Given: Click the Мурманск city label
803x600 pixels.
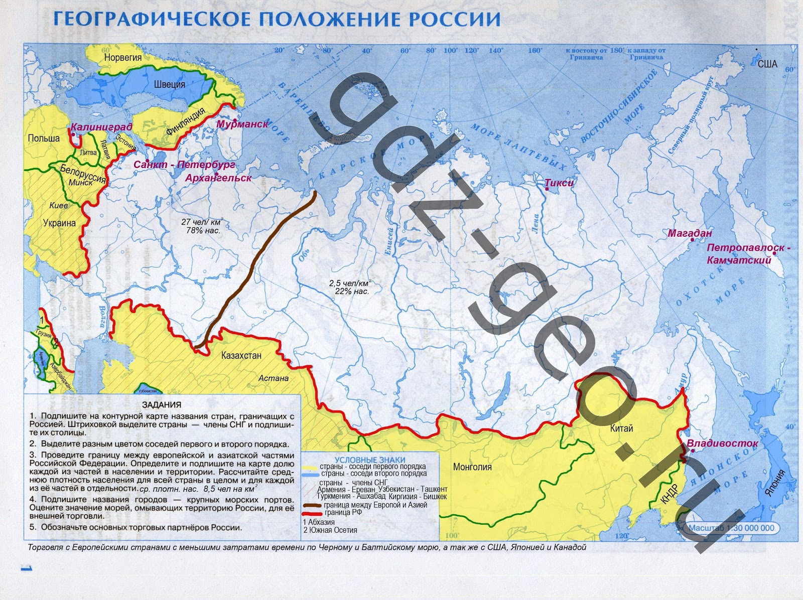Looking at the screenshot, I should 242,124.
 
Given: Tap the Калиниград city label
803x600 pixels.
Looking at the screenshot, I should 101,126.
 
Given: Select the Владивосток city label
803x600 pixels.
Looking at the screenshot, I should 722,443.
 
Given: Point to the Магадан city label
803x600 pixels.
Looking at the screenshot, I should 690,233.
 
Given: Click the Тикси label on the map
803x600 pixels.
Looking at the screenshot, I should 559,183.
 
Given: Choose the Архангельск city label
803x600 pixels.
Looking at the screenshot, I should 218,178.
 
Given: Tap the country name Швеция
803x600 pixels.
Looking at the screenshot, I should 170,84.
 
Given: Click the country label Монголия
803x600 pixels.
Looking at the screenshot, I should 472,467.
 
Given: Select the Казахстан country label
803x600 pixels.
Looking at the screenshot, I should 241,355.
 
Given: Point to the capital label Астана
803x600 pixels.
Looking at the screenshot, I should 274,378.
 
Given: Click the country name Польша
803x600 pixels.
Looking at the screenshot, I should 44,138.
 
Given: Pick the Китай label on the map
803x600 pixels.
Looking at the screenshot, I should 621,428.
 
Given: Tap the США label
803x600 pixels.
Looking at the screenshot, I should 767,64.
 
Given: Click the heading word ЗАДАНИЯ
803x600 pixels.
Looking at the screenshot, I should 162,405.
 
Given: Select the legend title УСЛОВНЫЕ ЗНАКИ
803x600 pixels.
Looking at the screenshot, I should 370,460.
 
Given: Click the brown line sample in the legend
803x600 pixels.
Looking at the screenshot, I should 313,505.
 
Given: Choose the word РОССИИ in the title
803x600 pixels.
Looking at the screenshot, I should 455,19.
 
